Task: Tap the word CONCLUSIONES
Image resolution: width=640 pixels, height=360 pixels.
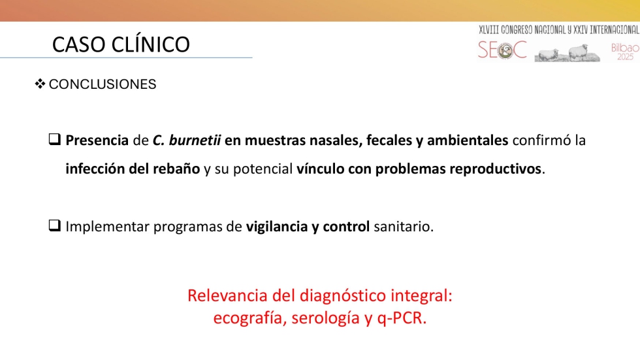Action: pos(103,84)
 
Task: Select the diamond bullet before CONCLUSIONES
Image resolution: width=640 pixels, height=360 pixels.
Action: pos(40,84)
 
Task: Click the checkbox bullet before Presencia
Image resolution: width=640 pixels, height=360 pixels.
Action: pos(55,139)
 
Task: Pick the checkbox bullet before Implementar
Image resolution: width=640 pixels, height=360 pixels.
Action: pos(55,225)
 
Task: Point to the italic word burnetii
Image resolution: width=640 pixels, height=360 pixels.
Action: pos(195,140)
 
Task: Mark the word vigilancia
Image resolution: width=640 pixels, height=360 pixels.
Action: pos(277,226)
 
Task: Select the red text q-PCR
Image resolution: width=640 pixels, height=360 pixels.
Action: pos(402,318)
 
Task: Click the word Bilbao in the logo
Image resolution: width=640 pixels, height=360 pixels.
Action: pos(624,48)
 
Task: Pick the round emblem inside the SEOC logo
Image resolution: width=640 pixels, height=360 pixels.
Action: pos(505,50)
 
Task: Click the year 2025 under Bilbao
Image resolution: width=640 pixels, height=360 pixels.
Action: pos(625,57)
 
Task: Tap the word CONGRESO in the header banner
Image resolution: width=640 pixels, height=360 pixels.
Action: pos(517,30)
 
